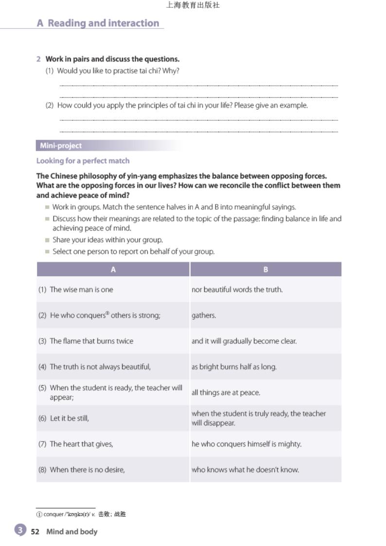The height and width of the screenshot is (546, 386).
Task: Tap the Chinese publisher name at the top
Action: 193,5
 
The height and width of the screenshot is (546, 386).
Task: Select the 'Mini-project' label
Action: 61,145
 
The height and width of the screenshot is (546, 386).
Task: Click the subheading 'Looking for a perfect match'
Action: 83,160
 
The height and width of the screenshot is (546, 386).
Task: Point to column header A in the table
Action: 113,269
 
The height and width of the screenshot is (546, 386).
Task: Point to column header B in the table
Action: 265,269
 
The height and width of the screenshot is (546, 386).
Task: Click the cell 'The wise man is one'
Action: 81,289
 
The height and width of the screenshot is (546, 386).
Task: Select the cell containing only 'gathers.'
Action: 204,315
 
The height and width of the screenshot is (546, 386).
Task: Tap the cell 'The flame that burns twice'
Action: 91,341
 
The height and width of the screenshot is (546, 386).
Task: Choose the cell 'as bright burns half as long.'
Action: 234,367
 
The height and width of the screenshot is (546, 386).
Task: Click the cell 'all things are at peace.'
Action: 226,392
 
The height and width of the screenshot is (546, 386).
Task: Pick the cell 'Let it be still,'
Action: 70,418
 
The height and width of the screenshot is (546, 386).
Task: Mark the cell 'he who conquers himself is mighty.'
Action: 246,444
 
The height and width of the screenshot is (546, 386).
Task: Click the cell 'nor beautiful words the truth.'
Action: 237,289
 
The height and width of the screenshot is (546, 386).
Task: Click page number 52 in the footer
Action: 35,531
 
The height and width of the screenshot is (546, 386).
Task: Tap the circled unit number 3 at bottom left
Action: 20,530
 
